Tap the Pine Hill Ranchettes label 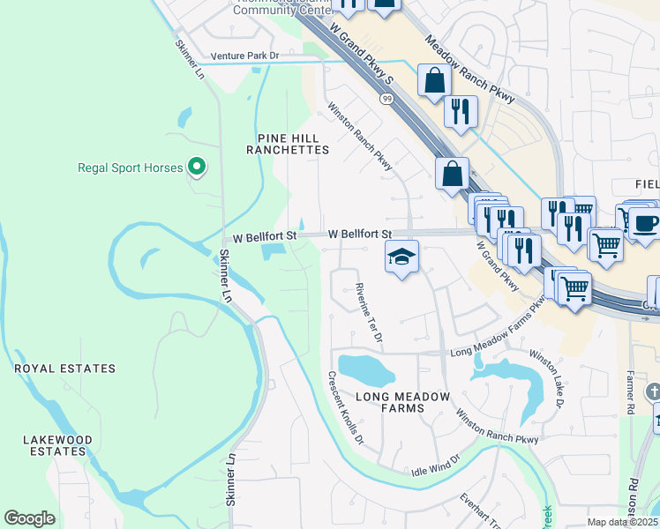293,144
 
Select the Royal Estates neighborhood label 64,368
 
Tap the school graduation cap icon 401,257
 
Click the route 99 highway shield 387,99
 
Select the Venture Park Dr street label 244,56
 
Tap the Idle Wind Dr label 436,466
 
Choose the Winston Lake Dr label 547,380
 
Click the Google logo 30,518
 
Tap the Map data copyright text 623,522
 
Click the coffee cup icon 643,222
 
